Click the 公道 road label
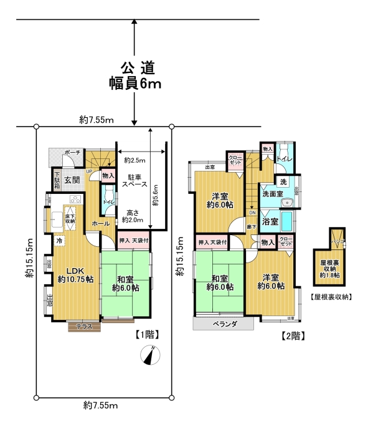coord(134,67)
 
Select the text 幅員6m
coord(134,84)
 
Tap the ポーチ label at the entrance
coord(72,152)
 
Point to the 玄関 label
coord(72,180)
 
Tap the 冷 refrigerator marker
coord(60,241)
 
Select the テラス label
coord(85,326)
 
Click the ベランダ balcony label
coord(224,324)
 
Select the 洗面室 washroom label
coord(271,194)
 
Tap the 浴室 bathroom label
coord(270,221)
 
